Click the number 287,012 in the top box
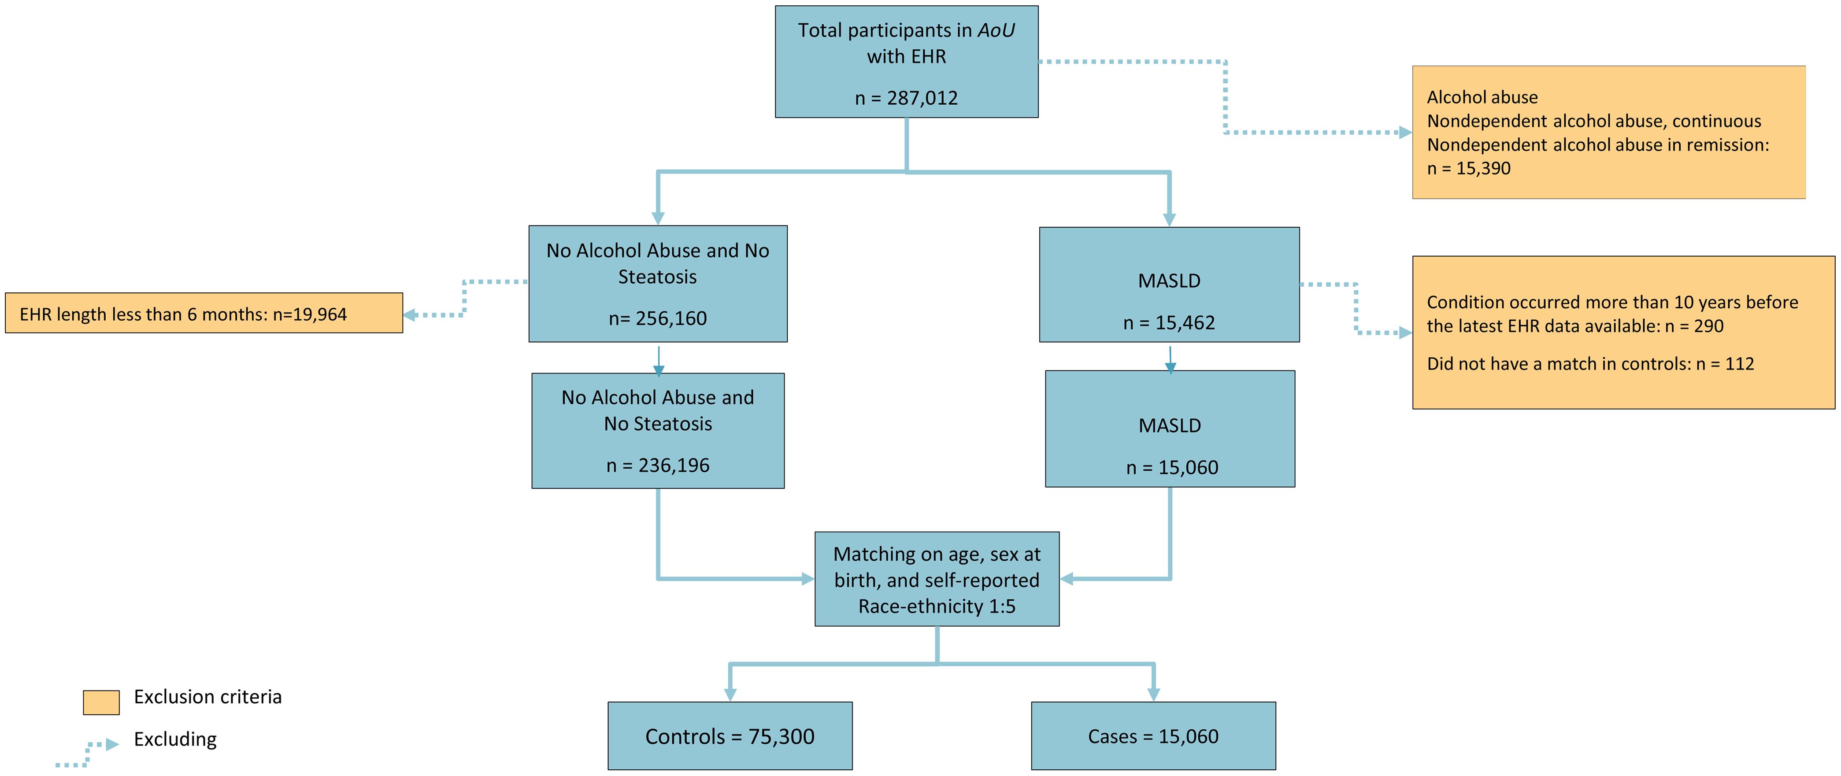pyautogui.click(x=922, y=98)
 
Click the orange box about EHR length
pyautogui.click(x=204, y=313)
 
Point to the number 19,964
pyautogui.click(x=319, y=314)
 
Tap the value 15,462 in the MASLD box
pyautogui.click(x=1185, y=323)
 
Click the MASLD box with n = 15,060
pyautogui.click(x=1170, y=429)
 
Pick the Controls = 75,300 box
pyautogui.click(x=730, y=736)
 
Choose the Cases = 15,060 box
pyautogui.click(x=1153, y=736)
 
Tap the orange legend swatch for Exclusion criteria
pyautogui.click(x=101, y=702)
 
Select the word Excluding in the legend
pyautogui.click(x=175, y=739)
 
